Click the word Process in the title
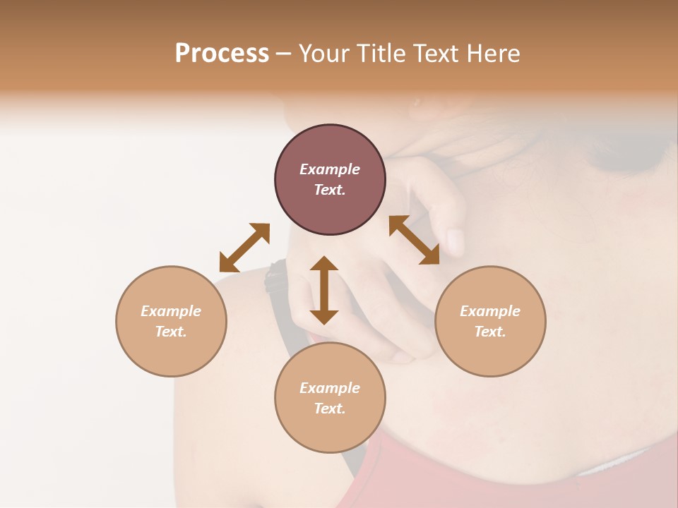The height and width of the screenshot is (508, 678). coord(222,54)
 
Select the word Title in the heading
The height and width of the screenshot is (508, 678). coord(379,54)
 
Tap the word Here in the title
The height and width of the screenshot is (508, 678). coord(492,54)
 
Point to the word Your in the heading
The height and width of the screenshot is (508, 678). coord(323,54)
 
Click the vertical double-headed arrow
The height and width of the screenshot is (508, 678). coord(324,290)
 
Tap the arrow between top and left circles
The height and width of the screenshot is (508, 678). coord(244,248)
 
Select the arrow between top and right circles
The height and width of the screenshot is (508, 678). coord(415,240)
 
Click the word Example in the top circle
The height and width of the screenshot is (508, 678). coord(330,169)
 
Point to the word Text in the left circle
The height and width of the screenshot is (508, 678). coord(171,332)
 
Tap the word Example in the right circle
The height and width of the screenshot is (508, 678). coord(490,311)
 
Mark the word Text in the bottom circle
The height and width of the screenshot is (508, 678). coord(330,409)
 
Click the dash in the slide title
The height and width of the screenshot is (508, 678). coord(283,54)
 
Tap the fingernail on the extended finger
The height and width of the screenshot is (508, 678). coord(456,242)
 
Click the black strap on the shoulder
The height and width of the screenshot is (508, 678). coord(275,277)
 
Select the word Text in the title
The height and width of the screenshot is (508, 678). coord(434,54)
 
